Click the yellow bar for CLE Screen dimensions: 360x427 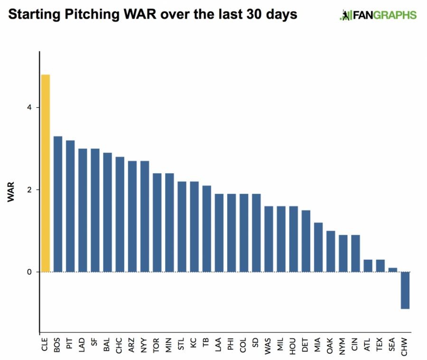coord(46,173)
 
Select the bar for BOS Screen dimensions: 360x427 coord(58,204)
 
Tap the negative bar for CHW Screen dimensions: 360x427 coord(405,290)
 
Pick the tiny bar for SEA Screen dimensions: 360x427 coord(392,270)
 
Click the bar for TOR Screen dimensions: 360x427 coord(157,223)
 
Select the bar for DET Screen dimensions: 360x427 coord(306,241)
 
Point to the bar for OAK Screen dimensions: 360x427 coord(331,251)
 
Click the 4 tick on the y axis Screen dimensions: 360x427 coord(29,108)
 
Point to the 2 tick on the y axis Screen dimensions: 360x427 coord(29,190)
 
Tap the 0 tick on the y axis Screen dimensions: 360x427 coord(29,272)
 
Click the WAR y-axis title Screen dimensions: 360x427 coord(11,190)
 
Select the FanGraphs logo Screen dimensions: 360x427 coord(378,15)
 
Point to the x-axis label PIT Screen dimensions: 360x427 coord(70,345)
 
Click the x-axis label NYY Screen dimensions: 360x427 coord(144,345)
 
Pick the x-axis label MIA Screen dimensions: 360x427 coord(318,345)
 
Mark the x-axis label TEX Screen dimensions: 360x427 coord(380,345)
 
